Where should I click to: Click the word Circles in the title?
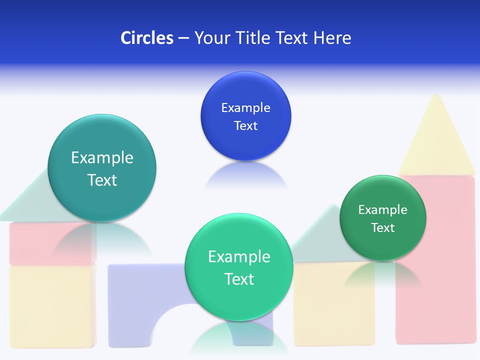click(x=146, y=37)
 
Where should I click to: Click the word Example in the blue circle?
click(x=245, y=107)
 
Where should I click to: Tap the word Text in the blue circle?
click(x=245, y=125)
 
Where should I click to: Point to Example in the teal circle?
click(x=102, y=157)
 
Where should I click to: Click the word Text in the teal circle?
click(x=102, y=180)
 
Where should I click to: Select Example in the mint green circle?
click(x=239, y=256)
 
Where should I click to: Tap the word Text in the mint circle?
click(x=239, y=278)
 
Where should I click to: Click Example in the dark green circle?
click(x=382, y=209)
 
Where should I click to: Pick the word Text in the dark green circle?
click(x=383, y=227)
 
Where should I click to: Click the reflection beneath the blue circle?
click(x=245, y=175)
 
